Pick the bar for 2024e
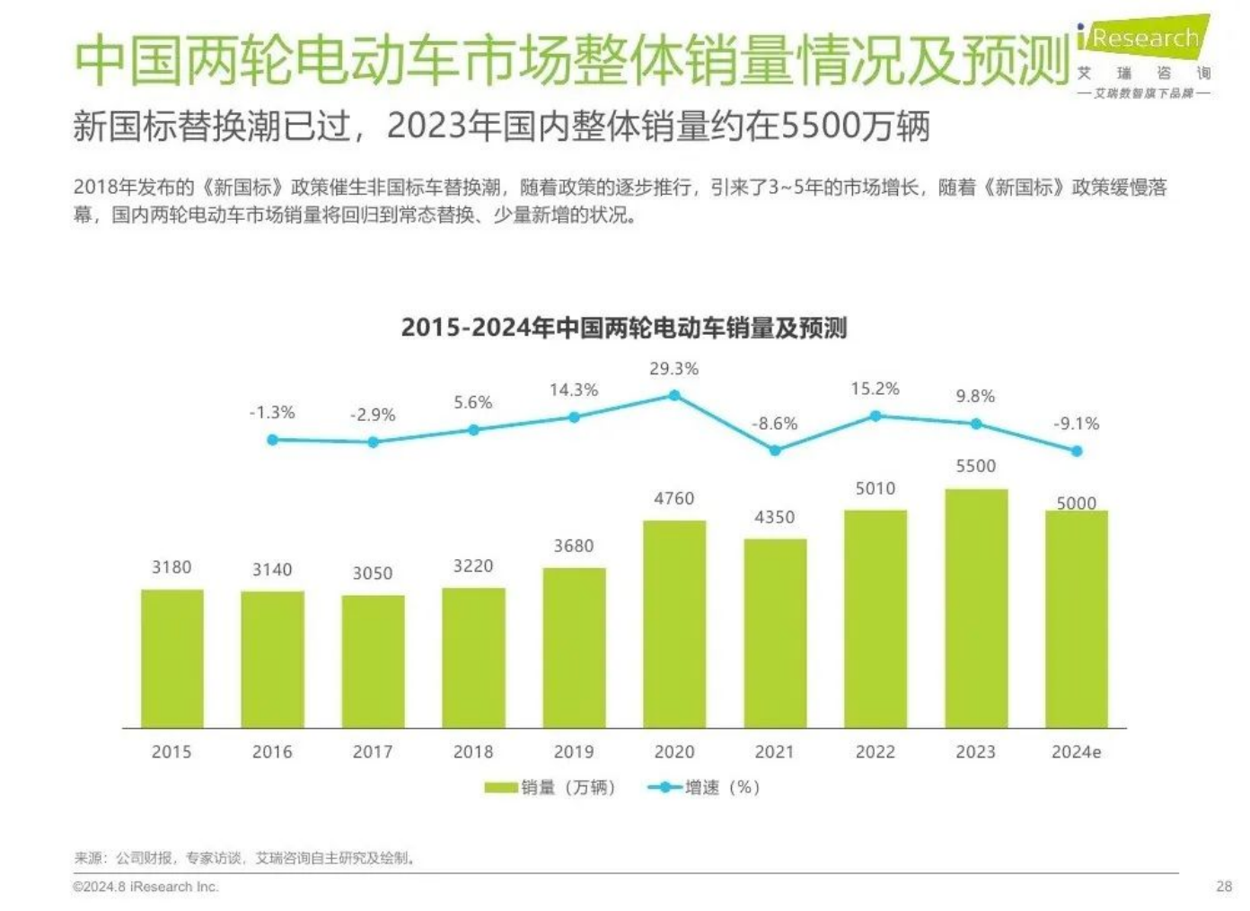click(1076, 618)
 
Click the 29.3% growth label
click(673, 369)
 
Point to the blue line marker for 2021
click(775, 451)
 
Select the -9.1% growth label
click(1076, 424)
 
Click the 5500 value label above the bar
click(976, 466)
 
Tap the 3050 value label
click(373, 574)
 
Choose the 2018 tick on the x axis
click(473, 752)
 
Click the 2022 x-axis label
click(876, 752)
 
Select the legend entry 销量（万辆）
click(550, 787)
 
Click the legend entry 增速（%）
click(705, 787)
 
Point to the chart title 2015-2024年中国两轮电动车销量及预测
click(623, 328)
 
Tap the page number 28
click(1224, 887)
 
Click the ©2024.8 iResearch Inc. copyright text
click(145, 887)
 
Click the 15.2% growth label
click(876, 389)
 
